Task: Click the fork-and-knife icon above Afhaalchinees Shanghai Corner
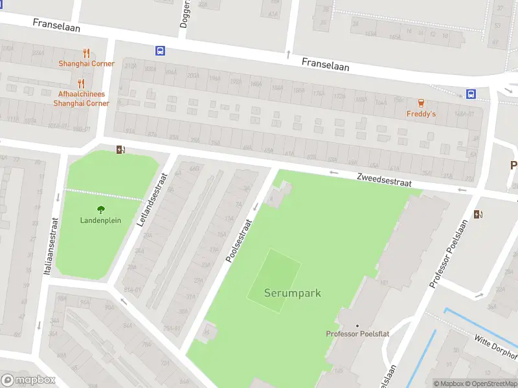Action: coord(81,83)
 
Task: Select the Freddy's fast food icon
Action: coord(422,103)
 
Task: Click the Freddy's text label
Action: coord(421,114)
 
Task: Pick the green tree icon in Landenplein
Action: coord(101,209)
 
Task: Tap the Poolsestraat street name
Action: coord(239,240)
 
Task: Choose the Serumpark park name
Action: coord(292,293)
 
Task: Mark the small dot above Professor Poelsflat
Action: coord(357,325)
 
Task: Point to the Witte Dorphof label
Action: coord(497,347)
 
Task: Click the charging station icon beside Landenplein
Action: coord(120,150)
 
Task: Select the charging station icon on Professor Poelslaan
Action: coord(478,214)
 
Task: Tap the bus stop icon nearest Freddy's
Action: coord(471,94)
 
